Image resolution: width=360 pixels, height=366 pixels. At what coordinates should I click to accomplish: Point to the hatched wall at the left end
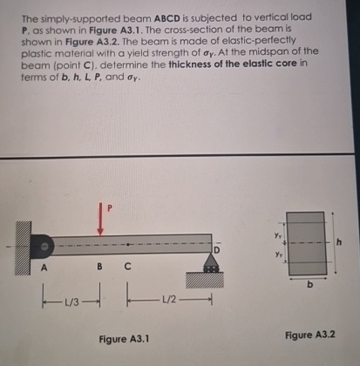pyautogui.click(x=19, y=248)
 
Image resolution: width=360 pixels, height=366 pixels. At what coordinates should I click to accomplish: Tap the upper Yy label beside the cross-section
pyautogui.click(x=276, y=232)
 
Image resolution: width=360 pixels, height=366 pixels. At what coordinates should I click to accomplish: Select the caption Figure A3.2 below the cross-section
pyautogui.click(x=309, y=335)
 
